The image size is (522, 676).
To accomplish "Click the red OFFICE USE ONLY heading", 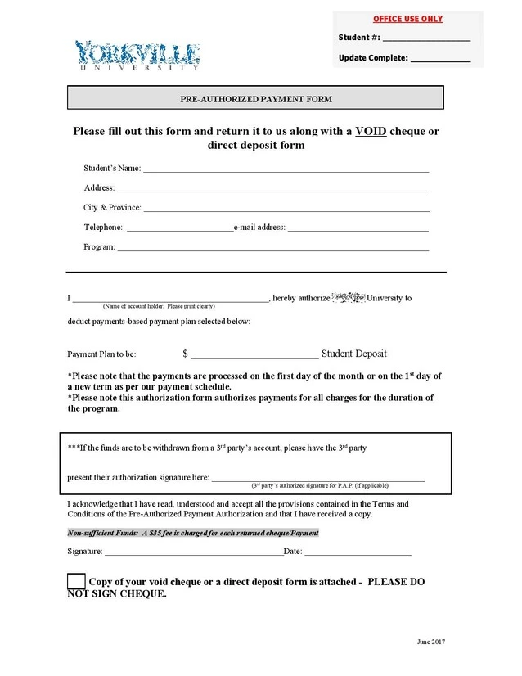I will click(x=407, y=19).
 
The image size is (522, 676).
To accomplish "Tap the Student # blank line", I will click(x=426, y=38).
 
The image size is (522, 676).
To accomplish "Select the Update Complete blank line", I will click(x=440, y=59).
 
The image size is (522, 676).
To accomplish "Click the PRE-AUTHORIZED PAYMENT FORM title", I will click(x=255, y=98).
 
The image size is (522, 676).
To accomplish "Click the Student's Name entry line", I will click(x=286, y=169).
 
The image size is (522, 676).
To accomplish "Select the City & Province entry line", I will click(x=286, y=209).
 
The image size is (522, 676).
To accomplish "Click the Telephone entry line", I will click(x=179, y=228).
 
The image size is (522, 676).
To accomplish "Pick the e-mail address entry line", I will click(x=358, y=228).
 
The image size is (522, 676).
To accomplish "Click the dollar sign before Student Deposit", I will click(x=186, y=354).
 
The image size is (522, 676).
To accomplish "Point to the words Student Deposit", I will click(x=354, y=354).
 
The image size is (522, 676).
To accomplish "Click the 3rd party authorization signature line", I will click(x=318, y=479).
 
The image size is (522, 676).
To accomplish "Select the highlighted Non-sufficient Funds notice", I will click(x=192, y=533).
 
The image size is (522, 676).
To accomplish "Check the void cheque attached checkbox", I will click(x=76, y=581).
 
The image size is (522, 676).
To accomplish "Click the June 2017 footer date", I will click(x=430, y=640).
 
